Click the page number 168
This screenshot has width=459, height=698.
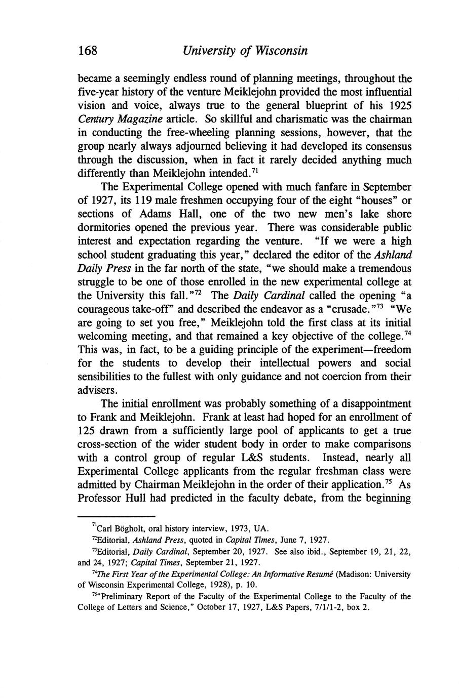[x=87, y=51]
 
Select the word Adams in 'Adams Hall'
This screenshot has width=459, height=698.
[x=140, y=214]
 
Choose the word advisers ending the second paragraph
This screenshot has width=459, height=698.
[x=97, y=391]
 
